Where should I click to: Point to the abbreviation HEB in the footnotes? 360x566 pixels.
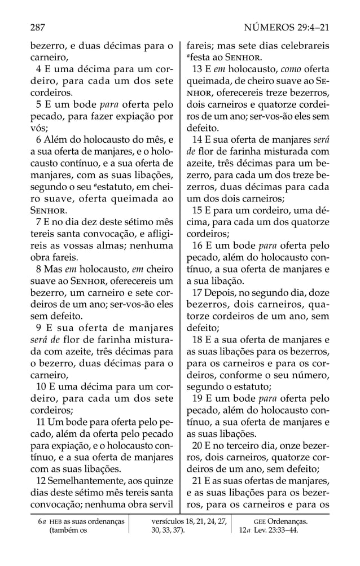55,521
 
